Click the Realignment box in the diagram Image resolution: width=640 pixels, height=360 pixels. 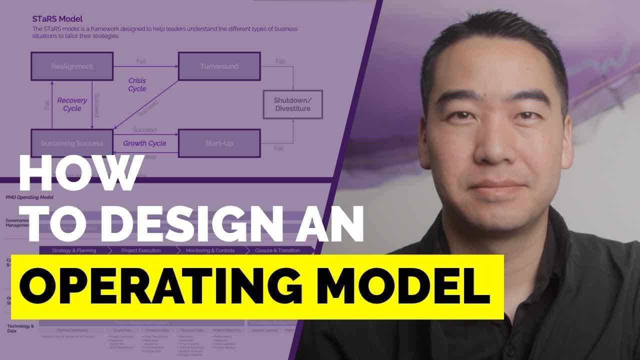click(x=72, y=66)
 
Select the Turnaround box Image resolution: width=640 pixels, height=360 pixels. click(x=219, y=66)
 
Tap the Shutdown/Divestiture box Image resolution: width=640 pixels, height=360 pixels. click(x=292, y=104)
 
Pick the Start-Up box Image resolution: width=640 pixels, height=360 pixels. click(x=219, y=143)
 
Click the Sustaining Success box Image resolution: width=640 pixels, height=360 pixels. click(x=72, y=143)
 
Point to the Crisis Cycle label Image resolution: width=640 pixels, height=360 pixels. click(x=137, y=84)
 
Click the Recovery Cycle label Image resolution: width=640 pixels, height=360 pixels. click(x=72, y=104)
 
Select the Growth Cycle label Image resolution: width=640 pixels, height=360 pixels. click(x=144, y=143)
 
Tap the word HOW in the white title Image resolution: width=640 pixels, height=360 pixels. click(x=80, y=175)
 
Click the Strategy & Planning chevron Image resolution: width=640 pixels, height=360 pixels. click(x=74, y=250)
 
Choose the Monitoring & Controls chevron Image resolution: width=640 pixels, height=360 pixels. click(x=210, y=250)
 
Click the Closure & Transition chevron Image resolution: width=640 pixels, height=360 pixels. click(x=277, y=250)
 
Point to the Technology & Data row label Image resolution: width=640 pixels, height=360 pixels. click(x=20, y=328)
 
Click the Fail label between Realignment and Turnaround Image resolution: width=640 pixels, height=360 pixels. click(x=141, y=61)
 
